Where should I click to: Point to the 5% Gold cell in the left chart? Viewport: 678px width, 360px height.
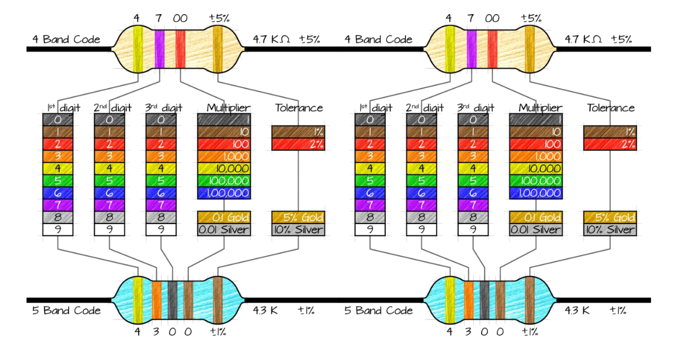[x=298, y=217]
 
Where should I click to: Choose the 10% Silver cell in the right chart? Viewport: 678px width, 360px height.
[x=610, y=230]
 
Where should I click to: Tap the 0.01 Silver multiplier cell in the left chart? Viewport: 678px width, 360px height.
[x=223, y=230]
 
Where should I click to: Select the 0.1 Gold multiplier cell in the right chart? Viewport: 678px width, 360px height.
[x=535, y=217]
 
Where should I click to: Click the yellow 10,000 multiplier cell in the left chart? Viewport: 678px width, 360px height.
[x=223, y=168]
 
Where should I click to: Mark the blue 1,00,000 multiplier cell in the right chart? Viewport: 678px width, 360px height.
[x=535, y=193]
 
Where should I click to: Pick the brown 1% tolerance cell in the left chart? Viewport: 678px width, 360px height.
[x=298, y=131]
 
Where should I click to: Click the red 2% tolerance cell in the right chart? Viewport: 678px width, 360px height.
[x=610, y=144]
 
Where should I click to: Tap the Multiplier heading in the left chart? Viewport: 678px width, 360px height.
[x=228, y=108]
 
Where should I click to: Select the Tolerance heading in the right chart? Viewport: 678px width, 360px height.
[x=610, y=108]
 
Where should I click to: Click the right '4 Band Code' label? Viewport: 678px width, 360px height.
[x=378, y=39]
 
